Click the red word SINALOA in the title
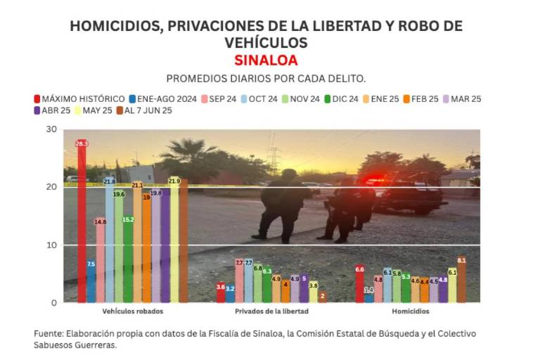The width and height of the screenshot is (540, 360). pyautogui.click(x=266, y=60)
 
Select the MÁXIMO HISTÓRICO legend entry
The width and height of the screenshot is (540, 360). pyautogui.click(x=79, y=99)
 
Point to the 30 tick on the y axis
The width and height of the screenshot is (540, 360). pyautogui.click(x=51, y=129)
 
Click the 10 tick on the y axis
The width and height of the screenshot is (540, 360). pyautogui.click(x=51, y=245)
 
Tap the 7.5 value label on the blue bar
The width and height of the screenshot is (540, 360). pyautogui.click(x=91, y=264)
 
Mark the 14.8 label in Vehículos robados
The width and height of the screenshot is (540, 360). pyautogui.click(x=101, y=222)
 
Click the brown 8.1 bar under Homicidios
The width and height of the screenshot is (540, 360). pyautogui.click(x=461, y=281)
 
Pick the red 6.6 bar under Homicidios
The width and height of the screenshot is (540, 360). pyautogui.click(x=360, y=284)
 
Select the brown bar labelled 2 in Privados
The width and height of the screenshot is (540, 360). pyautogui.click(x=322, y=297)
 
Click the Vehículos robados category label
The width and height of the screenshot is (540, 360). pyautogui.click(x=133, y=311)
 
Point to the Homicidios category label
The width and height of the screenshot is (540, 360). pyautogui.click(x=410, y=311)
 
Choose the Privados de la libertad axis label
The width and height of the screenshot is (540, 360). pyautogui.click(x=271, y=311)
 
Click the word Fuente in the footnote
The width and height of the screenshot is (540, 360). pyautogui.click(x=49, y=333)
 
